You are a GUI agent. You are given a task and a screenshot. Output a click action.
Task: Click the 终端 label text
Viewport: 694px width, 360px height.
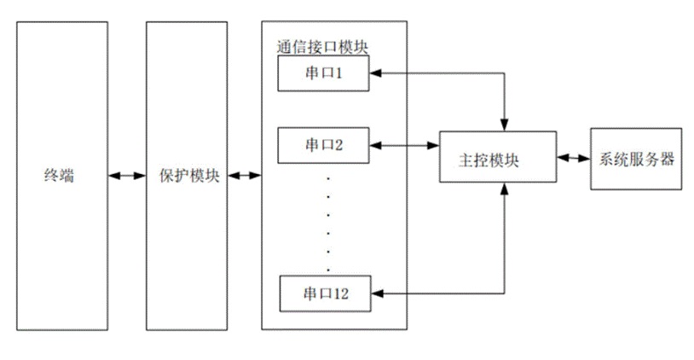59,177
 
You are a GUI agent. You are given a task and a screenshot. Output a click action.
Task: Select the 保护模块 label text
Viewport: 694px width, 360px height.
187,177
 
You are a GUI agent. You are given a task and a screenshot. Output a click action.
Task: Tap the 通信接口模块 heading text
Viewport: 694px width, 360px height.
315,45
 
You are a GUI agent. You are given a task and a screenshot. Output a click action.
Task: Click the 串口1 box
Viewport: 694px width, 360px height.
324,74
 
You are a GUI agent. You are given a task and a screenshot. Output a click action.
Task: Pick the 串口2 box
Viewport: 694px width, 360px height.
324,144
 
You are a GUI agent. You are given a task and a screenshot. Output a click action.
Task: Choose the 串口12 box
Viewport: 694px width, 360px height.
324,294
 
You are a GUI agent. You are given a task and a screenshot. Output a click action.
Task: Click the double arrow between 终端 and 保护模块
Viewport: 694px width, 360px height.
127,177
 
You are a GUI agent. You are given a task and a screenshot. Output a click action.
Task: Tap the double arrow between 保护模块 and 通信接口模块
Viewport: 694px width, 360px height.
244,177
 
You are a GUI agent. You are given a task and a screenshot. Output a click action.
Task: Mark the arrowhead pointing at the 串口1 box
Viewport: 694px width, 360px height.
376,74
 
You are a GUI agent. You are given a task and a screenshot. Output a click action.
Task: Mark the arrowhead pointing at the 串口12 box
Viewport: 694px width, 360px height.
376,294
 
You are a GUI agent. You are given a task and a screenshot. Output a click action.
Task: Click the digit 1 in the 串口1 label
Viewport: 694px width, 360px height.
338,74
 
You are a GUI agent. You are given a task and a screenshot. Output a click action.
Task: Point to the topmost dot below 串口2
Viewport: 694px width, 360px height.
327,180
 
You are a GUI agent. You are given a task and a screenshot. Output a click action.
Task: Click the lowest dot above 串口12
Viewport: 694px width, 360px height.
327,252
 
